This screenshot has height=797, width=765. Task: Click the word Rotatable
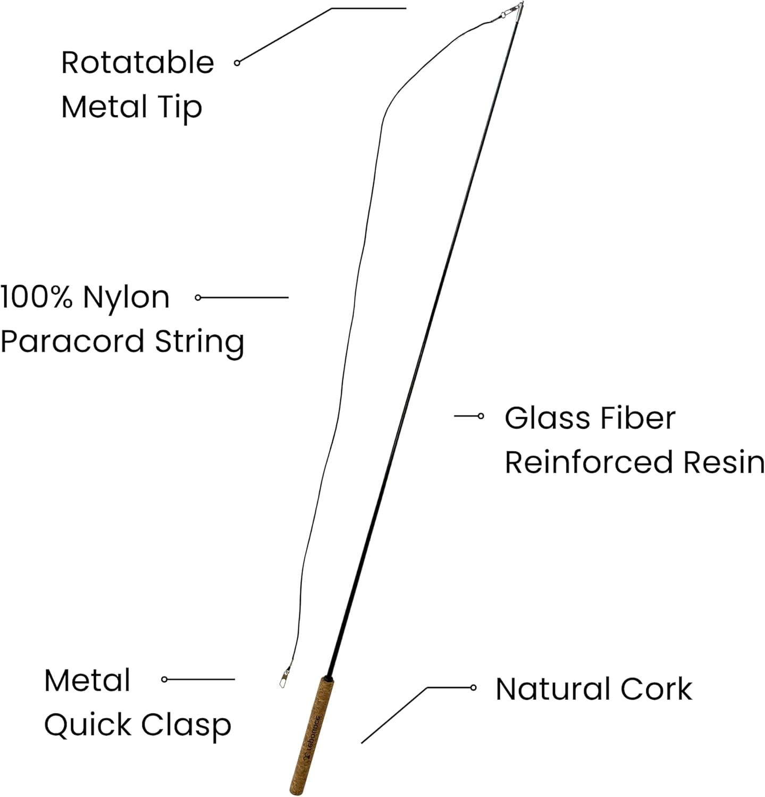pos(137,63)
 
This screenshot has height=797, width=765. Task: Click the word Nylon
pos(126,298)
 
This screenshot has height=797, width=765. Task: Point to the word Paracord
pos(72,341)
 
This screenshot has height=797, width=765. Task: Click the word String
pos(199,342)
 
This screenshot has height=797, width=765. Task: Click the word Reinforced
pos(590,462)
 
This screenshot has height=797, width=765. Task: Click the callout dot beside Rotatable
pos(237,63)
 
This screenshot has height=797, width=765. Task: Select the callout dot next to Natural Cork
pos(473,688)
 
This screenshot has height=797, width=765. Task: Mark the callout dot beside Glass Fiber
pos(481,416)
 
